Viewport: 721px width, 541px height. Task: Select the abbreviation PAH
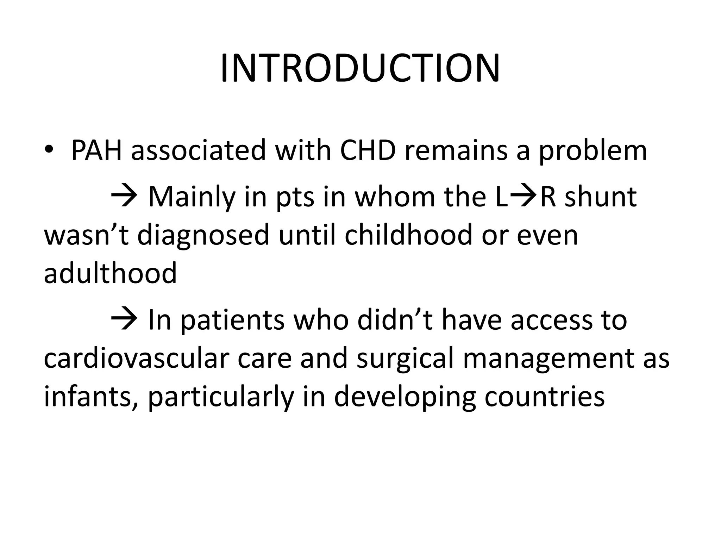pyautogui.click(x=96, y=150)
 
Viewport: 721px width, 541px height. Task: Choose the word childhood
pyautogui.click(x=408, y=235)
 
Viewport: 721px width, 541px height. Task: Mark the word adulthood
pyautogui.click(x=110, y=274)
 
